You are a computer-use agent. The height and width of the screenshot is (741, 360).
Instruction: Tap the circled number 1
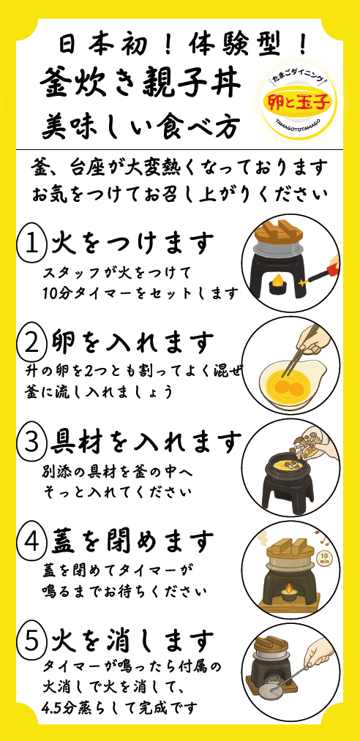tap(31, 244)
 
